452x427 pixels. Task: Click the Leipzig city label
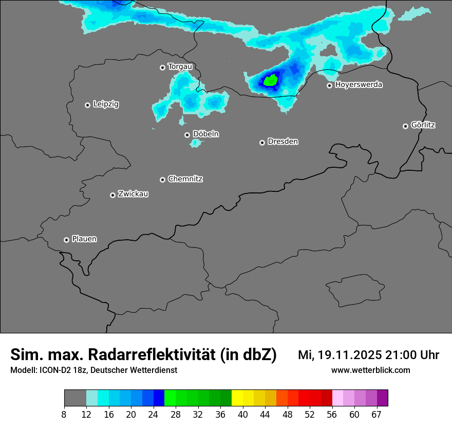click(106, 104)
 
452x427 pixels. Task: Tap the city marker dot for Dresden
click(262, 143)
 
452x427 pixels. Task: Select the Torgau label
click(180, 66)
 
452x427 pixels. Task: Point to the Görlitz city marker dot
click(405, 126)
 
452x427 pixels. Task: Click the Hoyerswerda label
click(359, 84)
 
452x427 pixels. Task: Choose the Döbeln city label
click(205, 134)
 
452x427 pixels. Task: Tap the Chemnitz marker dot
click(162, 180)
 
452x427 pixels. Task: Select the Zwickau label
click(133, 194)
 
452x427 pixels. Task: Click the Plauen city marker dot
click(66, 240)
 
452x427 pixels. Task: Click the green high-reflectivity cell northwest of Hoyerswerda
click(270, 80)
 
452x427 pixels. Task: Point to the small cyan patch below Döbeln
click(195, 143)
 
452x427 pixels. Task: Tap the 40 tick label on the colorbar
click(243, 414)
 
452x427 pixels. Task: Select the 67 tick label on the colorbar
click(376, 414)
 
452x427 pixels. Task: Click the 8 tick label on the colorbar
click(64, 414)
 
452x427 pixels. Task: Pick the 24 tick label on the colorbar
click(153, 414)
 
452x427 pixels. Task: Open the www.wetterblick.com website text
click(370, 370)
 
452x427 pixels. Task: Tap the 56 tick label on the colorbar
click(332, 414)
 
